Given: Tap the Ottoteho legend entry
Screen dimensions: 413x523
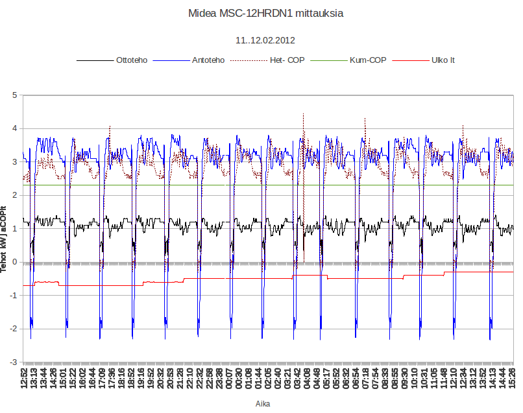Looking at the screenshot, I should click(x=132, y=60).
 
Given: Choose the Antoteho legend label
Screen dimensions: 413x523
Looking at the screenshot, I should click(x=208, y=60).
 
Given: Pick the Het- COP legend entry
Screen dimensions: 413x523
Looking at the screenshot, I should click(x=287, y=60).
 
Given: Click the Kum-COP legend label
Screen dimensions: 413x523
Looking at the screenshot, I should click(x=368, y=60).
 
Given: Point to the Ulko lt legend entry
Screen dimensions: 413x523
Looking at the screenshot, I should click(x=443, y=60).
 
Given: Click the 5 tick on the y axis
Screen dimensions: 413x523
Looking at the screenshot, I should click(x=15, y=95).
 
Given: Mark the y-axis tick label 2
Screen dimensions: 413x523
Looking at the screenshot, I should click(x=15, y=196).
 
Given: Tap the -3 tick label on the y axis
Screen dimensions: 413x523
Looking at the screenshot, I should click(x=14, y=362).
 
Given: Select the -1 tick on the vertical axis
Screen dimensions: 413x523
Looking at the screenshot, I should click(x=14, y=296).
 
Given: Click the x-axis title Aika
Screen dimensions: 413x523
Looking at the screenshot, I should click(x=263, y=403).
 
